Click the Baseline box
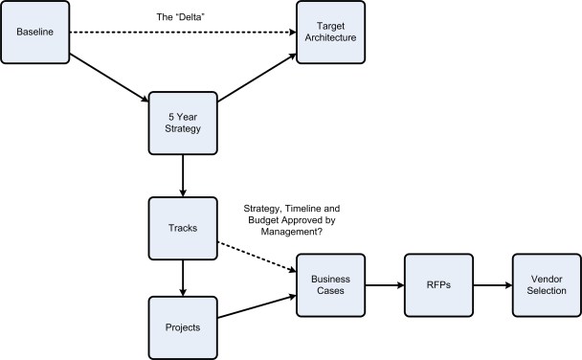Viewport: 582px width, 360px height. [x=34, y=34]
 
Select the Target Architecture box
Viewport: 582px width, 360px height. [x=330, y=34]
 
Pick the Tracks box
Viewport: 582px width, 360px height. [x=182, y=228]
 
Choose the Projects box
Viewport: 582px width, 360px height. [x=182, y=326]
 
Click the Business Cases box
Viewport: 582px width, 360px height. [x=330, y=284]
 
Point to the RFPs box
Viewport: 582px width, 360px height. [x=439, y=284]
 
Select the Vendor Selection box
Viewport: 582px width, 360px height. [x=546, y=284]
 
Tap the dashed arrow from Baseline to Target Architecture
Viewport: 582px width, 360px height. [x=182, y=34]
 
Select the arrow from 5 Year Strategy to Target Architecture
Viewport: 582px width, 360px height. [x=257, y=78]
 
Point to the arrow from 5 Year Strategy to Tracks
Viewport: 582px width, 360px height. [x=182, y=175]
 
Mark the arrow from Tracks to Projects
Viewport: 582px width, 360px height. [x=182, y=277]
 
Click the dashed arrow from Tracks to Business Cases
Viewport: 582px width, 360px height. [x=256, y=256]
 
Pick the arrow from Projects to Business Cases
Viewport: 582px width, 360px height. [x=256, y=306]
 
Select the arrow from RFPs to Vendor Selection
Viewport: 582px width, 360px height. [x=492, y=284]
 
